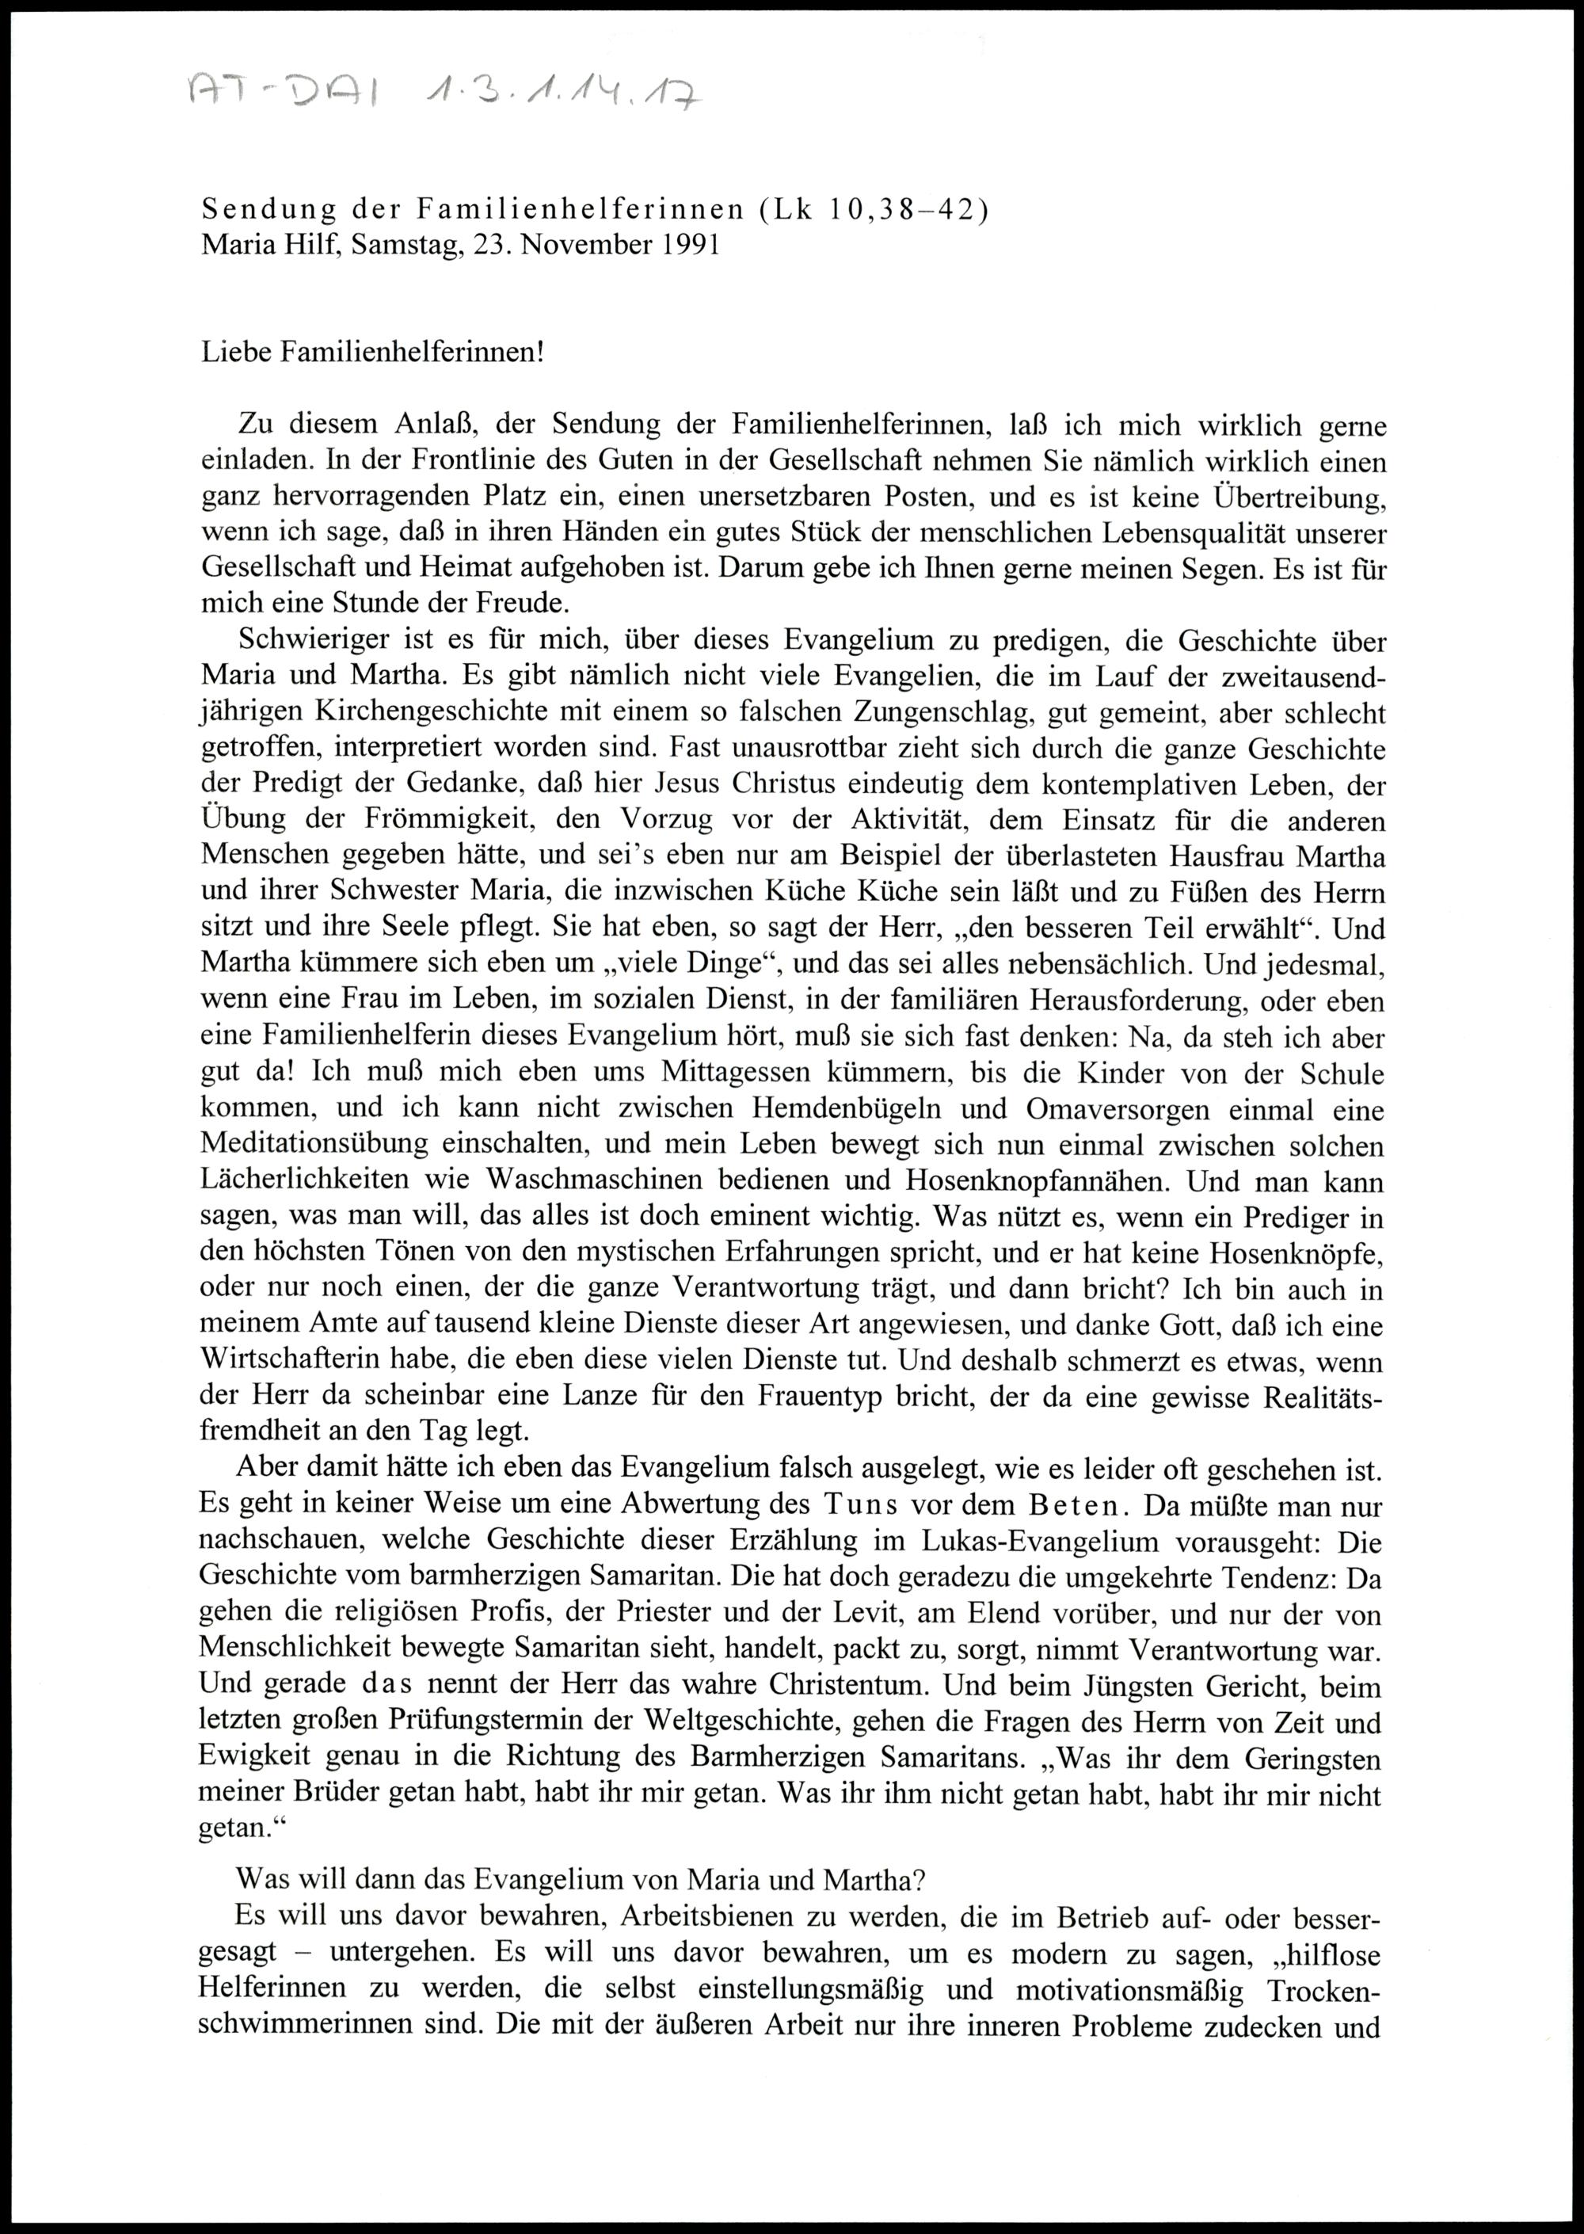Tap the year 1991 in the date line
[690, 245]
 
